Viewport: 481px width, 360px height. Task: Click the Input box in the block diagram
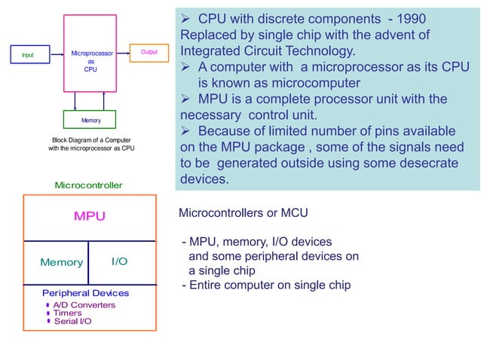click(28, 54)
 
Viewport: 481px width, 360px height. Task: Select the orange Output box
click(149, 52)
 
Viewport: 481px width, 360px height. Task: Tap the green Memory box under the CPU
click(90, 121)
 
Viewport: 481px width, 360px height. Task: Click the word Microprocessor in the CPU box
click(91, 54)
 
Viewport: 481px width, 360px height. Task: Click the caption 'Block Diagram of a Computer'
click(91, 140)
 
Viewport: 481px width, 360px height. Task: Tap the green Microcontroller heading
click(88, 185)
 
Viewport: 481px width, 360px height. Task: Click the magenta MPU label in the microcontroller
click(90, 216)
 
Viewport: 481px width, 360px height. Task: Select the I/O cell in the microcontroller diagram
click(119, 261)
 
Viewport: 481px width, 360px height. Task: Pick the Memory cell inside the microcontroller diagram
click(61, 262)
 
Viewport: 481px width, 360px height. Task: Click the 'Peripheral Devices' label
click(85, 293)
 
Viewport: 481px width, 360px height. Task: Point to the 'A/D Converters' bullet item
click(83, 305)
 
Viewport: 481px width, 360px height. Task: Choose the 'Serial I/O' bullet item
click(72, 322)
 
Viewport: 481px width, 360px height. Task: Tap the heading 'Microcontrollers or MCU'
click(243, 213)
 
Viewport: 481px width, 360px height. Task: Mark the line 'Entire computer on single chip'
click(269, 285)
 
